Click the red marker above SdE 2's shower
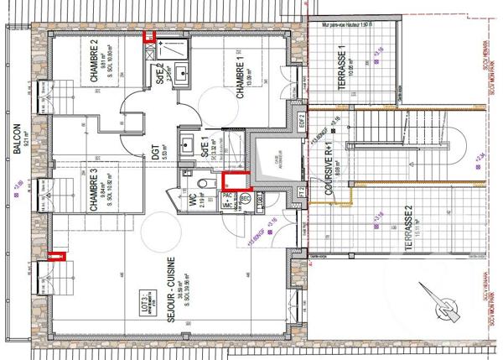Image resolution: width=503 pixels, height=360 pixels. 150,36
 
